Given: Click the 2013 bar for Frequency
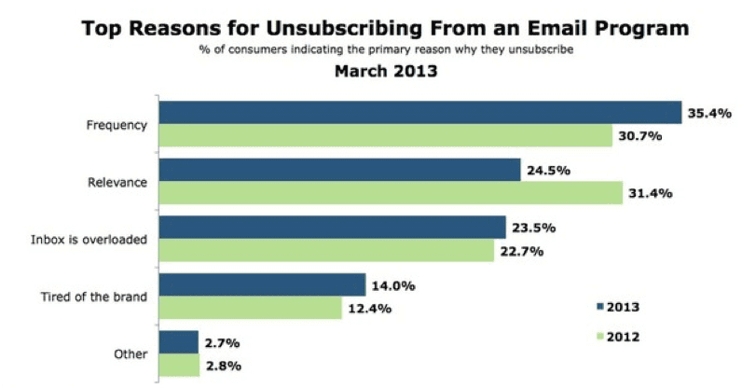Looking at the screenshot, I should [x=419, y=112].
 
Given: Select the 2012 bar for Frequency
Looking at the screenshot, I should [x=382, y=136].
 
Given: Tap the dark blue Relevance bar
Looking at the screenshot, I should [x=339, y=170].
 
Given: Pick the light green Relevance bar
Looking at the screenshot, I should [x=391, y=193].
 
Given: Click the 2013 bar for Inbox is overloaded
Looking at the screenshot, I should [x=332, y=228].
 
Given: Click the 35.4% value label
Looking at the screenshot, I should [x=708, y=112].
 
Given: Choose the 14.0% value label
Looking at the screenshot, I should [x=392, y=285].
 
